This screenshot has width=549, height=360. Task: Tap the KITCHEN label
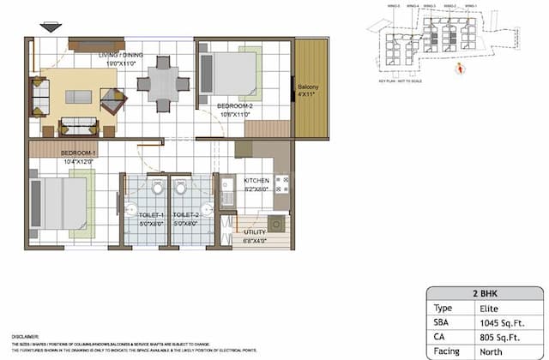(256, 181)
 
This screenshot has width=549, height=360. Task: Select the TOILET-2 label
(186, 215)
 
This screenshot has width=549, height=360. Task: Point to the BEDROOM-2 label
(226, 106)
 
